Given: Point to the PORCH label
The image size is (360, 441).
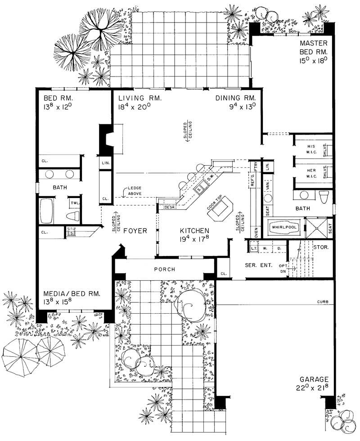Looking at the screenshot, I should (x=164, y=270).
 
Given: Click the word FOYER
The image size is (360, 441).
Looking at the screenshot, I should (x=136, y=231).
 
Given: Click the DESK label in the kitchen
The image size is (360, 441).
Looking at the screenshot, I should (x=169, y=207).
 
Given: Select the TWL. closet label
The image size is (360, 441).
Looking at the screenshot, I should (x=73, y=203).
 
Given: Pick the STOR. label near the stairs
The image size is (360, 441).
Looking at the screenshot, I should (x=323, y=247).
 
